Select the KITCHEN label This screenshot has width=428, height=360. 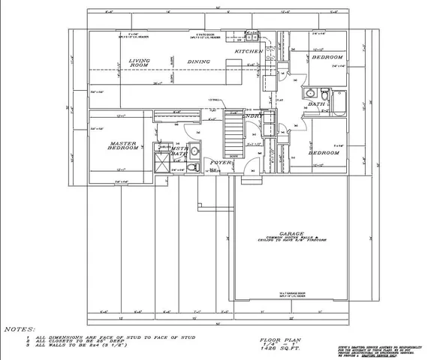(248, 51)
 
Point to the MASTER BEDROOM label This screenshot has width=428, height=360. (124, 145)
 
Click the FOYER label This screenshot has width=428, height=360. (219, 162)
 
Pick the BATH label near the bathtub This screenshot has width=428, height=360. (316, 104)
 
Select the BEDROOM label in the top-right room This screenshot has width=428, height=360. (327, 57)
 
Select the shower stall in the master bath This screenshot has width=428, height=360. (161, 158)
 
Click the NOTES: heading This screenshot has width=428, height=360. (19, 329)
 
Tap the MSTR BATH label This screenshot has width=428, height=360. (179, 152)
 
